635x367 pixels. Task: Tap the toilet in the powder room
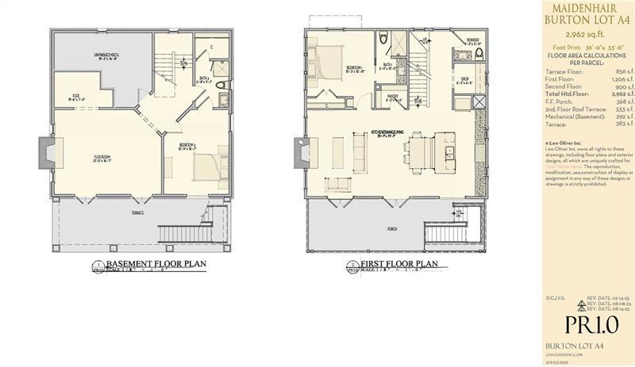coord(456,55)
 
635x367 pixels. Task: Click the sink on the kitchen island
coord(448,151)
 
